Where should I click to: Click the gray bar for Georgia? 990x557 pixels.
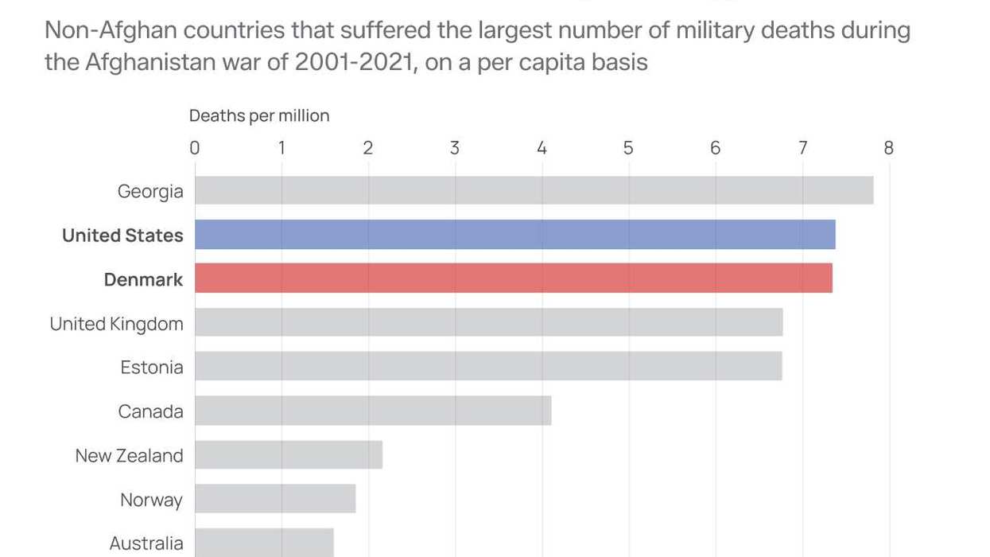534,191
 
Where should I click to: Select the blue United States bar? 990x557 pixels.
514,235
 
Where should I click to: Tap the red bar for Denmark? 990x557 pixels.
513,278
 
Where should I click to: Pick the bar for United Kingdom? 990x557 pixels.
488,322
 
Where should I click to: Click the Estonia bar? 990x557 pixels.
488,366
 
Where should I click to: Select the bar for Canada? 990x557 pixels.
373,411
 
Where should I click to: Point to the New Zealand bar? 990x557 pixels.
289,454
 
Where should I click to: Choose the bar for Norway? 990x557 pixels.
275,499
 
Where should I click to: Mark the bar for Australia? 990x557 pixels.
264,543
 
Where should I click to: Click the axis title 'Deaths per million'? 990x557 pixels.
259,116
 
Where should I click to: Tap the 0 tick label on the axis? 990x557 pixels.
195,148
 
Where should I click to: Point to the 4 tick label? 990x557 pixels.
542,148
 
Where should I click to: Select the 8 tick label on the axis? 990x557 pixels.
888,148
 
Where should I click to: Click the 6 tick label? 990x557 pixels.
715,148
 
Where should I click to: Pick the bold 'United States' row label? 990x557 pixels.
122,236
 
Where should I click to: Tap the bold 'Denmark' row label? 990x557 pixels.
143,280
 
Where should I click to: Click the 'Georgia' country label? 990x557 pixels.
150,192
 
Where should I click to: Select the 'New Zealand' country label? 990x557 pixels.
129,456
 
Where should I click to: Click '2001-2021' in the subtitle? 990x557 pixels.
354,63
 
